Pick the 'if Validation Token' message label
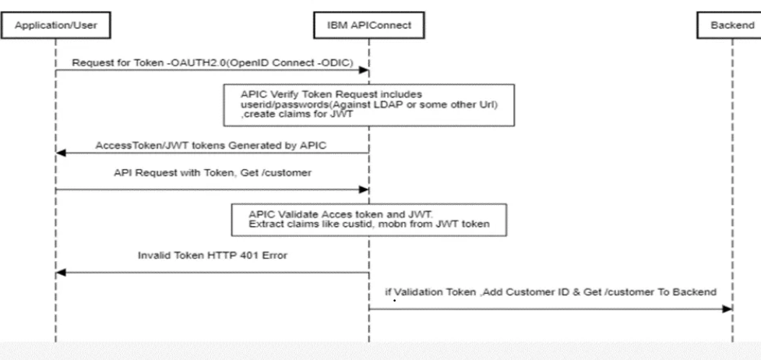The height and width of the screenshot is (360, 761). (550, 291)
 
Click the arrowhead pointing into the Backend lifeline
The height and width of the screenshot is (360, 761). (727, 309)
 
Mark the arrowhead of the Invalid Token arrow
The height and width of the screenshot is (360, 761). (62, 273)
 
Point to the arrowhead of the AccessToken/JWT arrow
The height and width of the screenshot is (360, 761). (62, 154)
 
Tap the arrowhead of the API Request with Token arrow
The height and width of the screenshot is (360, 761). (363, 189)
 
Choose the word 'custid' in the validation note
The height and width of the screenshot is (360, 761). (340, 225)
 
